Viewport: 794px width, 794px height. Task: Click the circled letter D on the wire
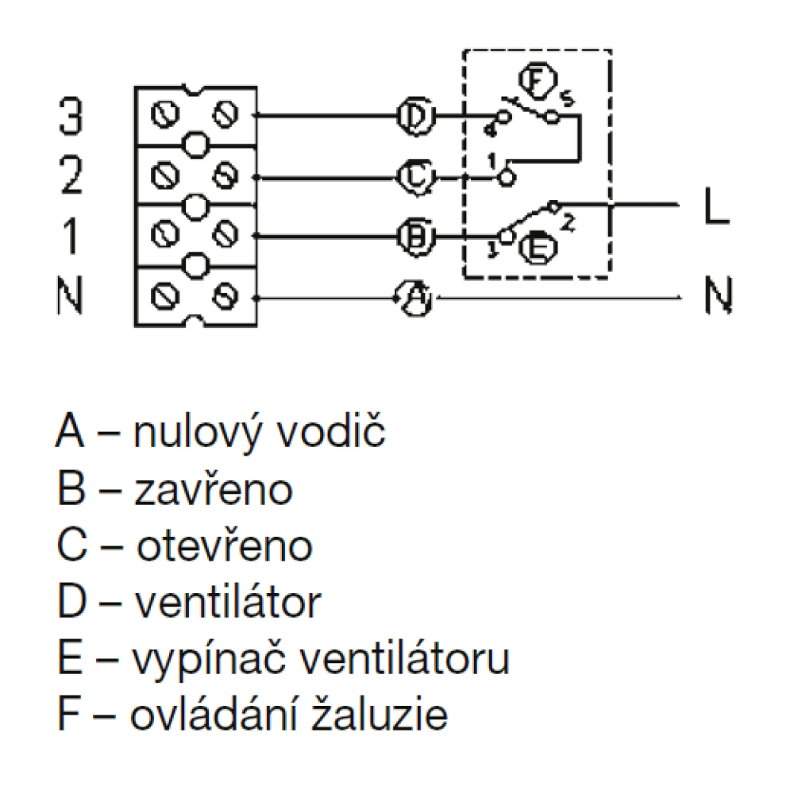(413, 116)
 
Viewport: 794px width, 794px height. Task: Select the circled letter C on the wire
(413, 176)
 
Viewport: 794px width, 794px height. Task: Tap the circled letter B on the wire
(413, 236)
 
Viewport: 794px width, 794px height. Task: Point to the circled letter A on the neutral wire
(413, 299)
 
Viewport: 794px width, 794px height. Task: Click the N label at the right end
(716, 298)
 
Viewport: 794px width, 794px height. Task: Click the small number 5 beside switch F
(565, 99)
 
